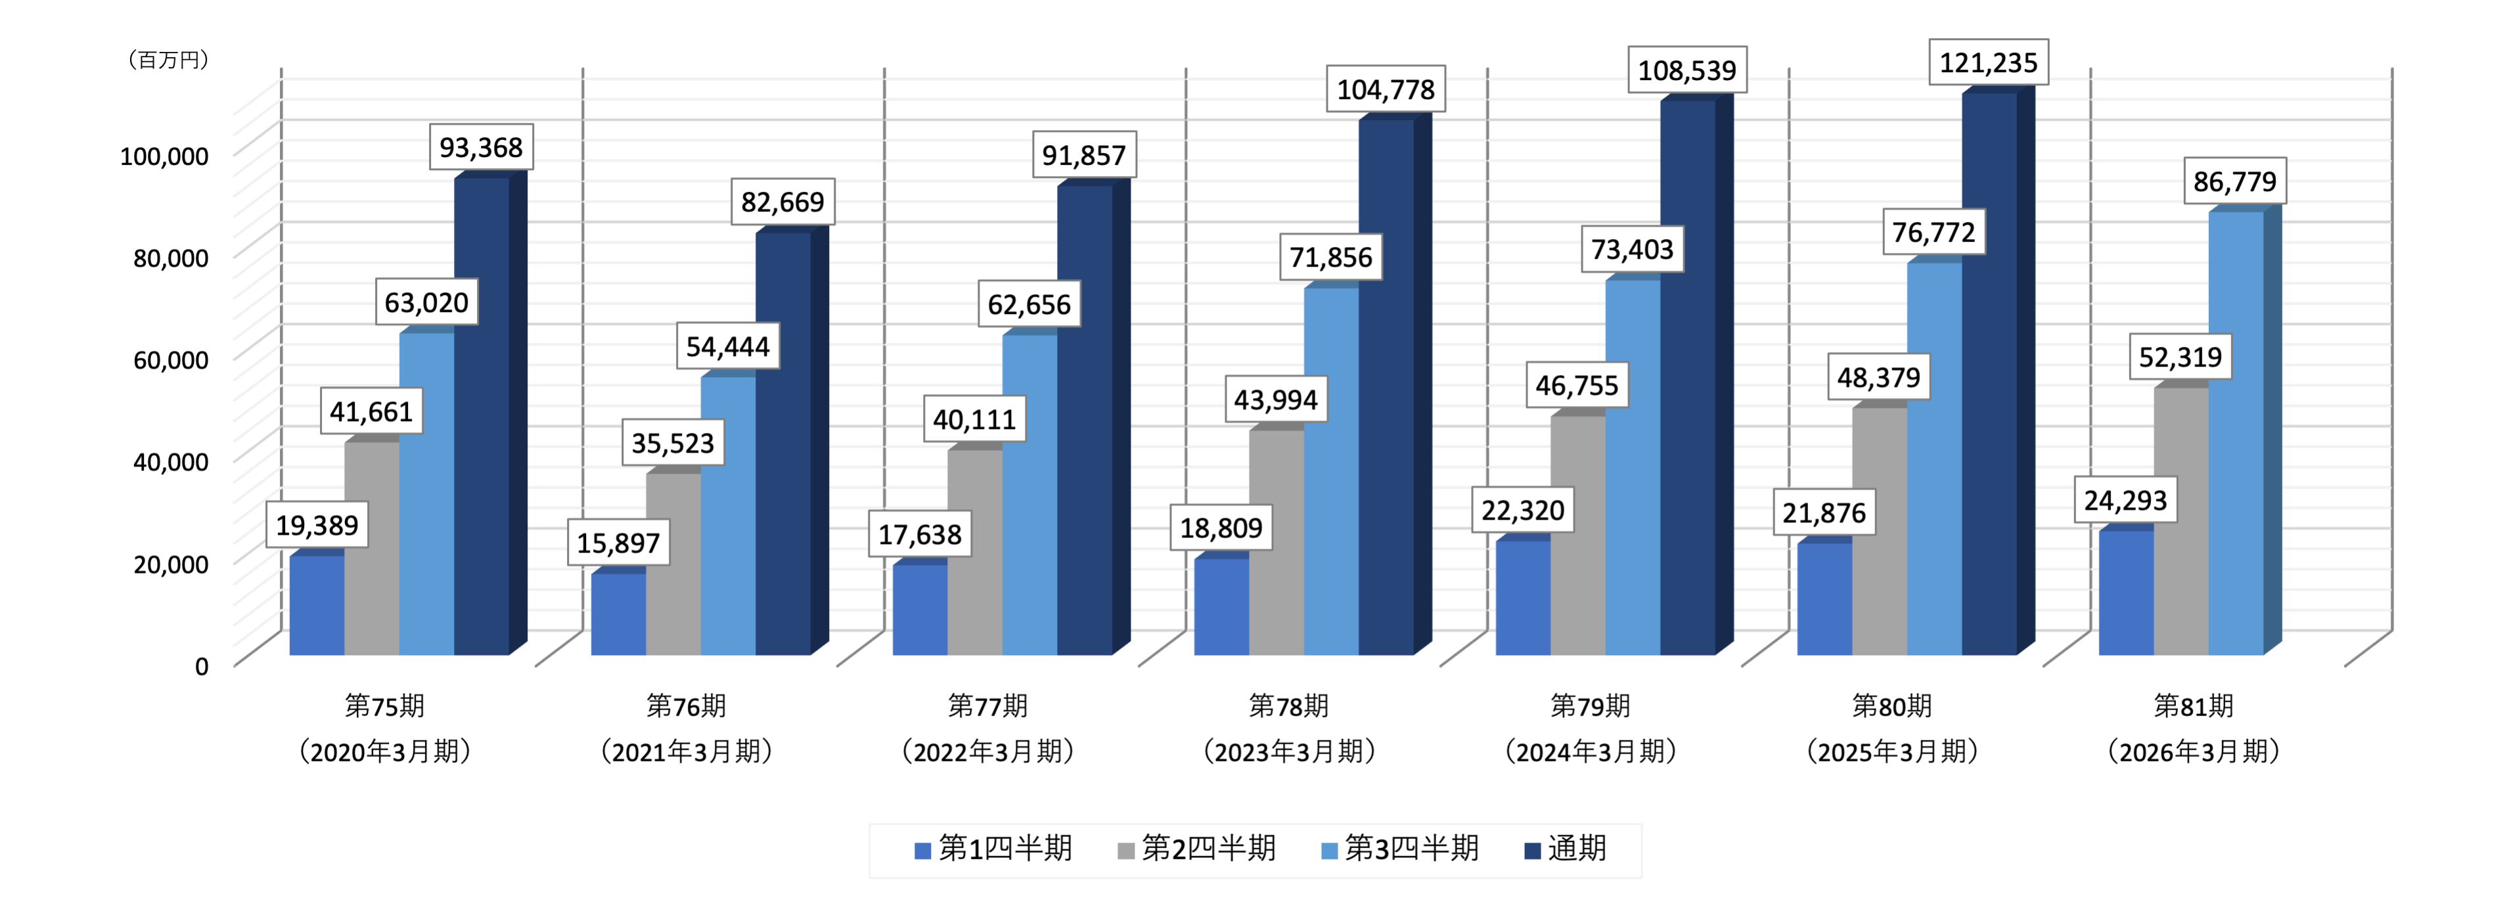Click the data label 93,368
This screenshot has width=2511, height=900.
point(480,147)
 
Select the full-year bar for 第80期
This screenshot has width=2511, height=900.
point(1989,371)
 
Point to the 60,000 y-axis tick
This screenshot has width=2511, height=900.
point(171,360)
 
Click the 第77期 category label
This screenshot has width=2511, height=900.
point(987,705)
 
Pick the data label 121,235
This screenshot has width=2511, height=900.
point(1989,62)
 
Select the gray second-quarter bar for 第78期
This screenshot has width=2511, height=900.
point(1276,541)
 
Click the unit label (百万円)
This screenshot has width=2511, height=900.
point(169,60)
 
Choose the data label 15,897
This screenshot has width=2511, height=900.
point(618,543)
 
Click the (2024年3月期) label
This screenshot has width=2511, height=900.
point(1590,751)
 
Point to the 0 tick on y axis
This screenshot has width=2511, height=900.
point(201,666)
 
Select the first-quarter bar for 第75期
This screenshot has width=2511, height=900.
point(317,604)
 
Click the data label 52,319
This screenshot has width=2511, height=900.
point(2181,357)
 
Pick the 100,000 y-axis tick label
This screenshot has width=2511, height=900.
point(164,156)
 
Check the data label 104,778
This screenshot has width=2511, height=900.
point(1385,90)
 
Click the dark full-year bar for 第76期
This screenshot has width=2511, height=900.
point(782,443)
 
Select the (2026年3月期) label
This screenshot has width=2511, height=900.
point(2193,751)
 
